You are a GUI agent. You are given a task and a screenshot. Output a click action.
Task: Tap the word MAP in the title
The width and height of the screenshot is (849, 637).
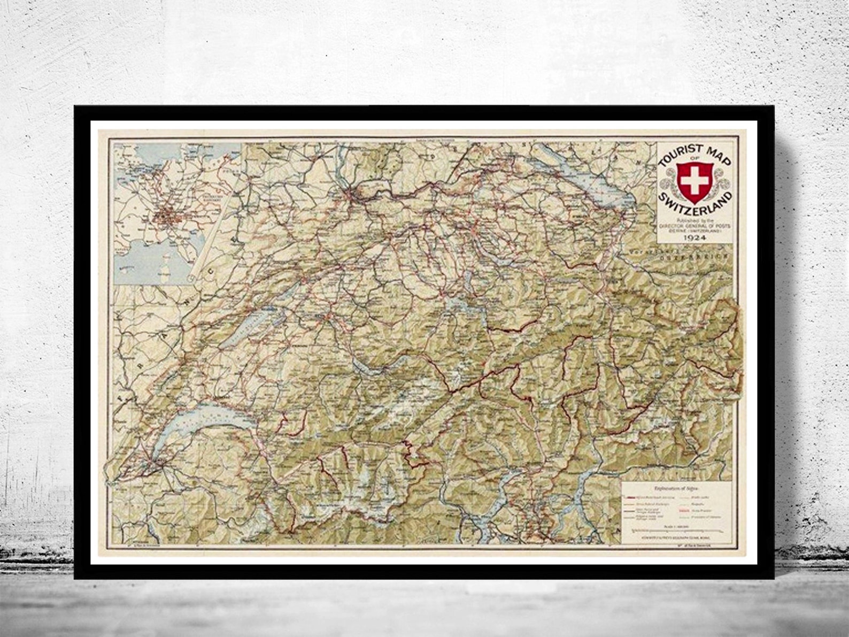(714, 155)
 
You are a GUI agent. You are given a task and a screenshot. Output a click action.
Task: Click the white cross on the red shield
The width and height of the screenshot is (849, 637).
(693, 181)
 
